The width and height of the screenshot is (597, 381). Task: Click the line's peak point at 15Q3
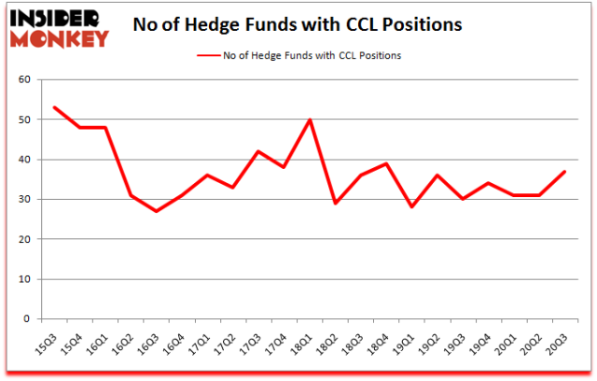pyautogui.click(x=55, y=107)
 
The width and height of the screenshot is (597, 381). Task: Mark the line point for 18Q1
pyautogui.click(x=309, y=120)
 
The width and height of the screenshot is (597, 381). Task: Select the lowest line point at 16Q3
pyautogui.click(x=157, y=211)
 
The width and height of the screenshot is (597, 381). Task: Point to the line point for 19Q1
pyautogui.click(x=410, y=207)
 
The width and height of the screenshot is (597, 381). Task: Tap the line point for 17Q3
pyautogui.click(x=258, y=151)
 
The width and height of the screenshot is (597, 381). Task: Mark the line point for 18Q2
pyautogui.click(x=334, y=203)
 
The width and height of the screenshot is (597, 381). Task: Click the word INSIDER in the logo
pyautogui.click(x=58, y=17)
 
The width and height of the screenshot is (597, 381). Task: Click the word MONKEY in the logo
pyautogui.click(x=58, y=37)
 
